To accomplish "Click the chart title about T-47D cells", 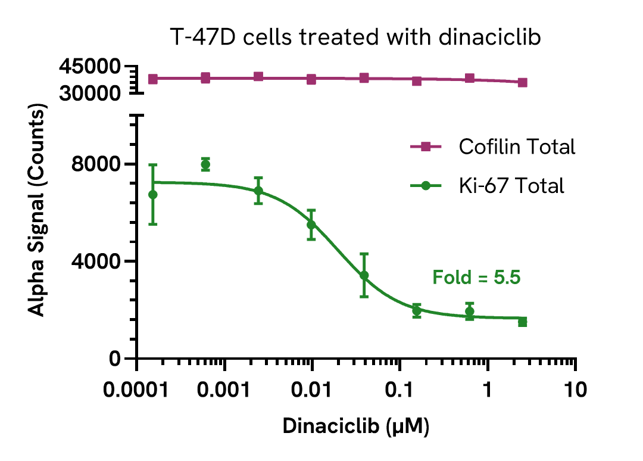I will tap(355, 38).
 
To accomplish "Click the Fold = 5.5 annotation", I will tap(476, 277).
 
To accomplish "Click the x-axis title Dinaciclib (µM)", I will tap(356, 426).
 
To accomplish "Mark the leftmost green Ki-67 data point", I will tap(153, 195).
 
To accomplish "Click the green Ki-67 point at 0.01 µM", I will tap(311, 224).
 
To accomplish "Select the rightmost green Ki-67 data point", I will tap(522, 322).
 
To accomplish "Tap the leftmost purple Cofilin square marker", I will tap(153, 79).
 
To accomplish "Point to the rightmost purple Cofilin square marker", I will tap(522, 82).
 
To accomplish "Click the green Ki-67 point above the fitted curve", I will tap(205, 164).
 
